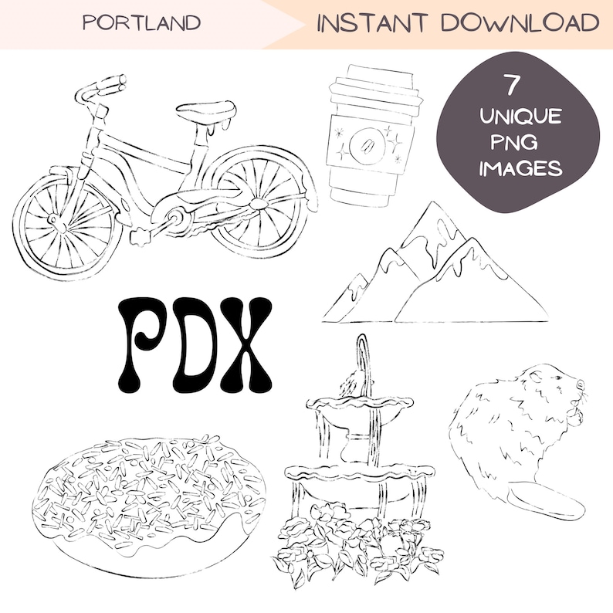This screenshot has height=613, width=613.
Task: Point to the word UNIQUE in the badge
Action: click(520, 117)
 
